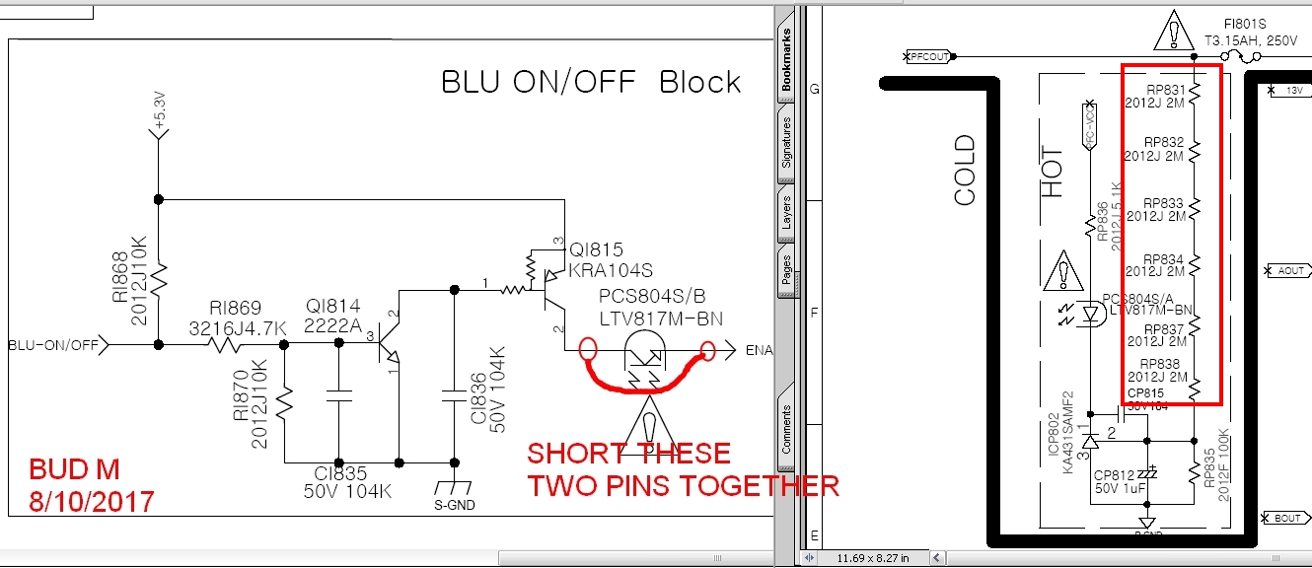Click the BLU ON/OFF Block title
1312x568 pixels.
pos(591,82)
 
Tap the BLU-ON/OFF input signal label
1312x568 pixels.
pos(52,345)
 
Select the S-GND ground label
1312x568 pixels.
pos(454,506)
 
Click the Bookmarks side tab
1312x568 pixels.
pos(786,59)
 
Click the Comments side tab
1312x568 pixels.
pos(786,429)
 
